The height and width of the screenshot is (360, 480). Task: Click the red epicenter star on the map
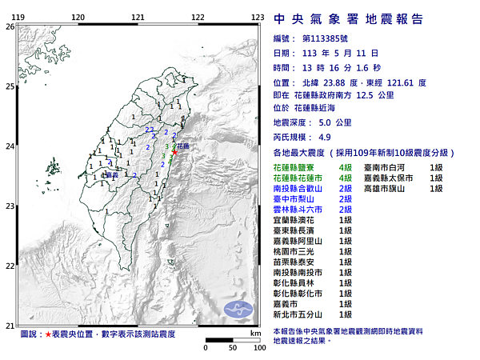tap(175, 152)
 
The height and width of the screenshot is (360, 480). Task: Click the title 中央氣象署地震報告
tap(348, 19)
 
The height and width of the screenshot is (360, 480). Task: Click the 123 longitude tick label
tap(258, 17)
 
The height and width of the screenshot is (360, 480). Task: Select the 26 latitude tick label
tap(9, 26)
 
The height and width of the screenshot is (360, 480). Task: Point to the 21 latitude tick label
tap(9, 325)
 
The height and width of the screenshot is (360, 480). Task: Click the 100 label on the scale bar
tap(259, 349)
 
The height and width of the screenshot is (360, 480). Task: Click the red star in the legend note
tap(48, 333)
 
